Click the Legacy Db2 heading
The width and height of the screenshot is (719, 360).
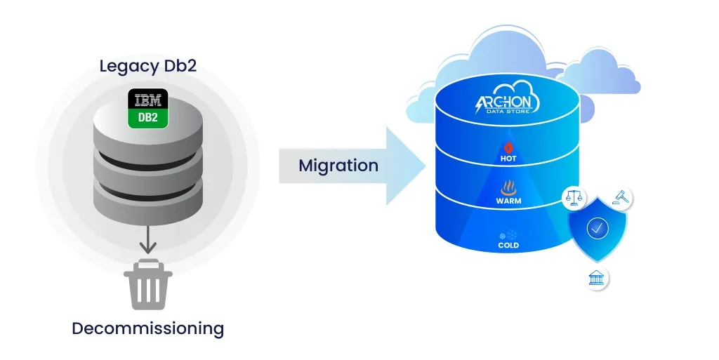[x=147, y=67]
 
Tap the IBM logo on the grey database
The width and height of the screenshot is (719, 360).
[x=147, y=98]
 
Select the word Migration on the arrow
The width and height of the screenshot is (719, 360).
[x=338, y=166]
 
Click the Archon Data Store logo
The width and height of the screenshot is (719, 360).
[x=506, y=103]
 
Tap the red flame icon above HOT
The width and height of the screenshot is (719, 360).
[x=508, y=147]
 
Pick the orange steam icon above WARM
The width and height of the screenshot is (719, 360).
[x=508, y=188]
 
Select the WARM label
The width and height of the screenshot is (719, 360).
[x=508, y=202]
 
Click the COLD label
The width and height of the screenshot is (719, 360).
[x=508, y=246]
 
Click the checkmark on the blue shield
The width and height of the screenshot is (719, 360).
[x=597, y=229]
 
